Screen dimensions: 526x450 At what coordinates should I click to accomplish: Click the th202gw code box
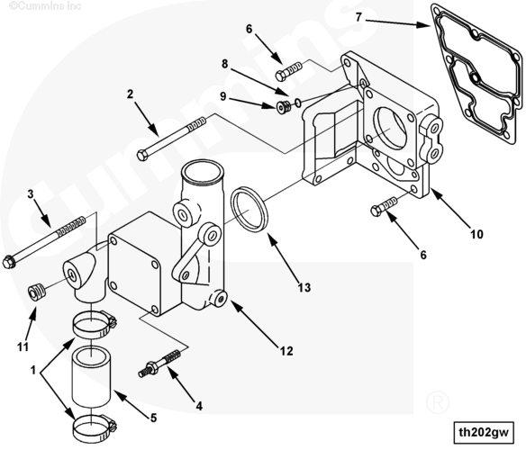(x=484, y=432)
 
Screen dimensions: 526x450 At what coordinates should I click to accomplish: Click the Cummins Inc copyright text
(x=45, y=5)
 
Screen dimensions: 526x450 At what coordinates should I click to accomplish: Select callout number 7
(x=359, y=17)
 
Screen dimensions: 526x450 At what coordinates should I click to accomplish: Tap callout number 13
(x=304, y=288)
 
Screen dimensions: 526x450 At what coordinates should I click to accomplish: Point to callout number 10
(x=476, y=234)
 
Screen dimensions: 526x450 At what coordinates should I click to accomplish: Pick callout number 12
(x=286, y=351)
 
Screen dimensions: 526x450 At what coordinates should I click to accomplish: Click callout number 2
(x=130, y=94)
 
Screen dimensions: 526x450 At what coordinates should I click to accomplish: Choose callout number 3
(x=31, y=193)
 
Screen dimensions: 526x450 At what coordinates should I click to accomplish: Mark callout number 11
(x=23, y=346)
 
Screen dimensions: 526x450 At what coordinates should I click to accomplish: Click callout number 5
(x=153, y=418)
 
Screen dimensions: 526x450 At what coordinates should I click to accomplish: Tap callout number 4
(x=199, y=407)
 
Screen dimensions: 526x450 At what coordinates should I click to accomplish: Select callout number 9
(x=223, y=96)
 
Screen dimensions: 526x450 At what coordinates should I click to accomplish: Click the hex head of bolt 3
(x=9, y=262)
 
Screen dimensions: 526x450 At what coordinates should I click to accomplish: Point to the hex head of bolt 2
(x=142, y=156)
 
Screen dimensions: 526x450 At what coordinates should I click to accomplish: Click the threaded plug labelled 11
(x=37, y=292)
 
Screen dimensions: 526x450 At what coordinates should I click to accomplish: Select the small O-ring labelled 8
(x=298, y=103)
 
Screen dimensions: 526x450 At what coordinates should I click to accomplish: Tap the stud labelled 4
(x=159, y=364)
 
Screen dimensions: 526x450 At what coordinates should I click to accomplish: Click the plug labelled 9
(x=282, y=107)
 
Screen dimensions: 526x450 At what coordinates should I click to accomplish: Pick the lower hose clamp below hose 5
(x=95, y=428)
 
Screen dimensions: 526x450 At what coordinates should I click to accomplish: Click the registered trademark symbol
(x=438, y=402)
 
